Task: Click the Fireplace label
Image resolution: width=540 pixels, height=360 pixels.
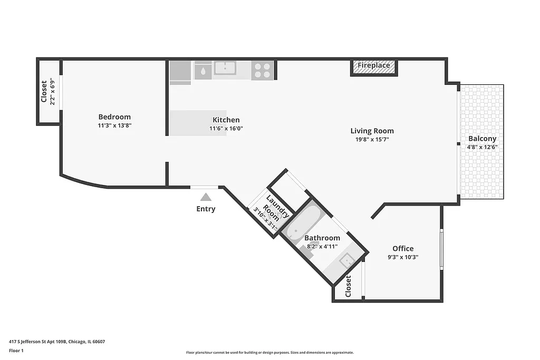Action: [374, 66]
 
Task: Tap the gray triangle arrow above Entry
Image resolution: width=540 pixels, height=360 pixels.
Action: [206, 197]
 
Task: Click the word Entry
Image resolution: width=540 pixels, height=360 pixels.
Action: [206, 209]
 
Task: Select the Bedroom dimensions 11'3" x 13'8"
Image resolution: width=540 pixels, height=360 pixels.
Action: [114, 125]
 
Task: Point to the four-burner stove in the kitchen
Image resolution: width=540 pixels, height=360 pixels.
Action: [262, 70]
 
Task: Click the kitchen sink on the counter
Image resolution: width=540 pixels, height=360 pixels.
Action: [225, 69]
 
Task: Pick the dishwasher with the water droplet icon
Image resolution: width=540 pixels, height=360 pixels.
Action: [203, 70]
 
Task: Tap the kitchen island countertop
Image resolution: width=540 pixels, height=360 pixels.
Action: [198, 123]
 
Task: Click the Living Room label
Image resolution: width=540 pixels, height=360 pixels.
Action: [372, 131]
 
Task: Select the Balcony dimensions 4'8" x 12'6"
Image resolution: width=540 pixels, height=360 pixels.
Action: [482, 148]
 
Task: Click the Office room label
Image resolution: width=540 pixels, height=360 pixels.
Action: [403, 248]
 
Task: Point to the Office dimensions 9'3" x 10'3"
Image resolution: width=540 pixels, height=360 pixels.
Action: [403, 257]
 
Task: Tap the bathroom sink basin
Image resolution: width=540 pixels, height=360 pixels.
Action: [346, 260]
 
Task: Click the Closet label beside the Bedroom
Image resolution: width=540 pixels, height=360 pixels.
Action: [44, 91]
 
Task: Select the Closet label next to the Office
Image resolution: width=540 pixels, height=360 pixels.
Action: [348, 286]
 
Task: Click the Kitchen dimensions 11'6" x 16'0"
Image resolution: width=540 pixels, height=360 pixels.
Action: [226, 128]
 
